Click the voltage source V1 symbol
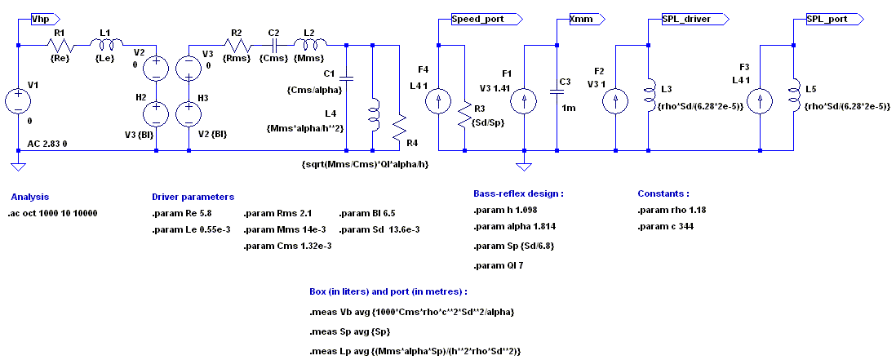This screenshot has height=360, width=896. click(x=18, y=101)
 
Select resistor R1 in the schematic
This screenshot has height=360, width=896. click(x=60, y=46)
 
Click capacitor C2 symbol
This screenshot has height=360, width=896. click(x=275, y=46)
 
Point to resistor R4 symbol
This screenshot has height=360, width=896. click(x=399, y=126)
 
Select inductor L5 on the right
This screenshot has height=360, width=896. click(x=794, y=92)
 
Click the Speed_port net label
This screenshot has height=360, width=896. click(x=475, y=17)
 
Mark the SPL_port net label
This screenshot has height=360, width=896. click(x=826, y=17)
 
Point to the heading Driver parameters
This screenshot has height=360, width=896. click(x=193, y=197)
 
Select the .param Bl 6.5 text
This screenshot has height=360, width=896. click(x=367, y=213)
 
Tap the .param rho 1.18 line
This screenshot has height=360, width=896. click(x=671, y=210)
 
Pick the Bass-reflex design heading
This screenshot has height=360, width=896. click(x=518, y=193)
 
